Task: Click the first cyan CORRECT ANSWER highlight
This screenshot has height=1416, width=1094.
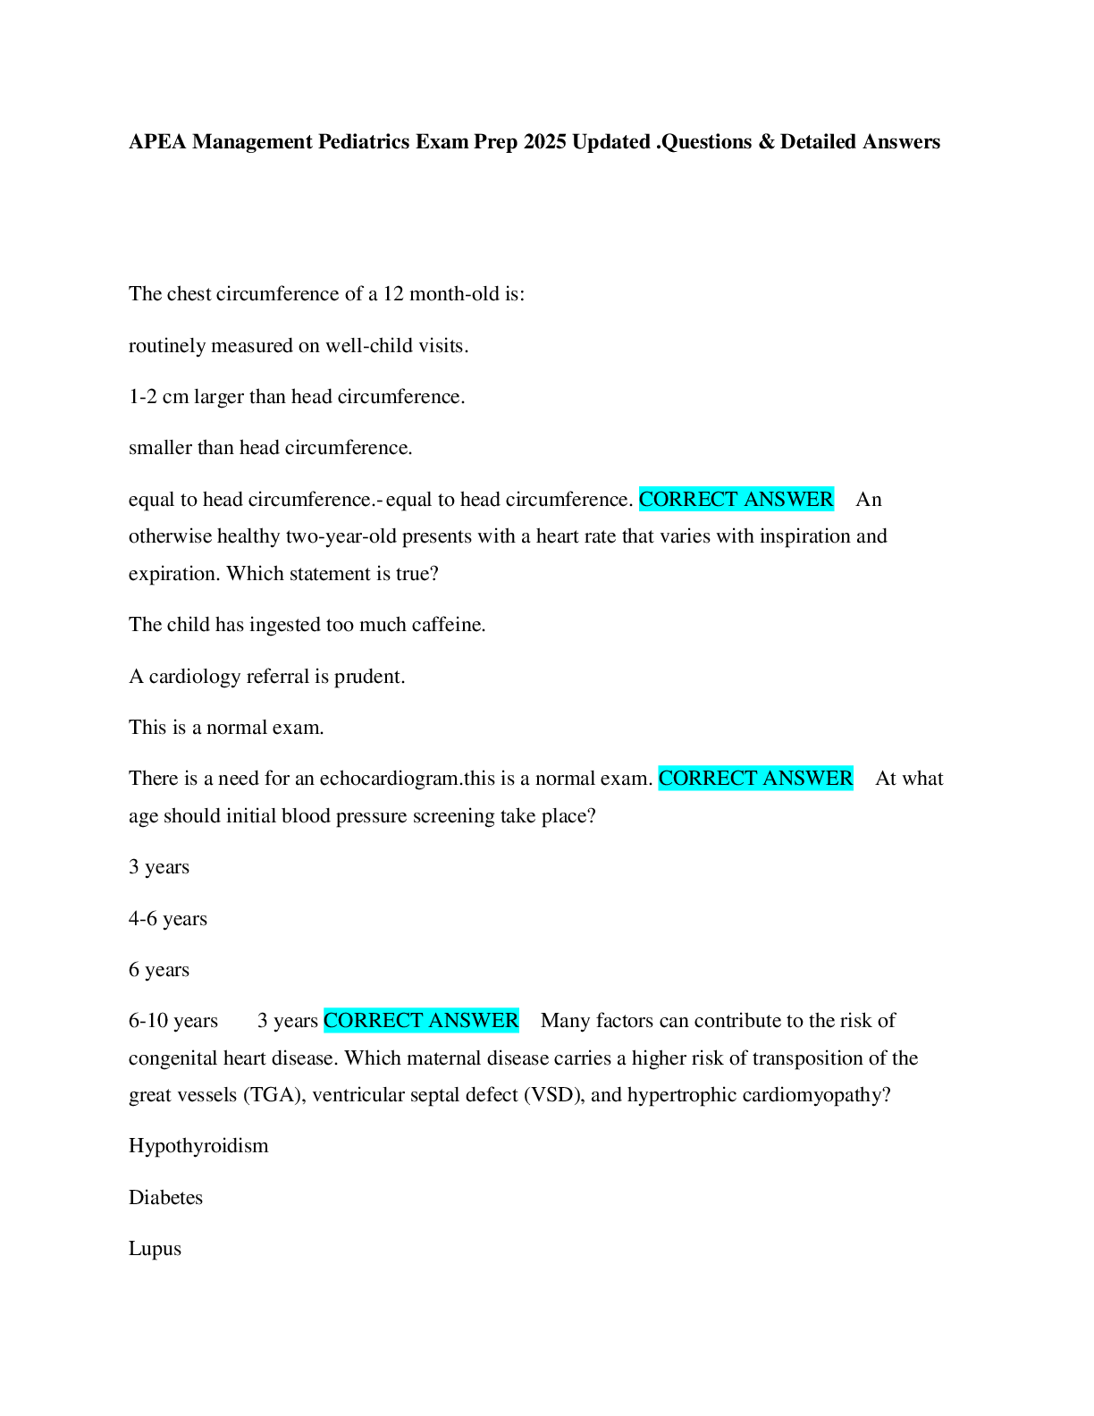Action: (x=736, y=499)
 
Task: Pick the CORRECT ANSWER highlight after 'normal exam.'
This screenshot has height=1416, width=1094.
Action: (x=756, y=779)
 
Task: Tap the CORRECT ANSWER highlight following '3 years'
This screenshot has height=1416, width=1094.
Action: (x=421, y=1021)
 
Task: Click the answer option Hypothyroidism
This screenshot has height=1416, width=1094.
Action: (x=198, y=1146)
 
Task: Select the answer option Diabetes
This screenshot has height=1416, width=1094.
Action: (x=165, y=1198)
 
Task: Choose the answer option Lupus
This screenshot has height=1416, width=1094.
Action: (x=155, y=1249)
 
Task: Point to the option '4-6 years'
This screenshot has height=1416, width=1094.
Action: (x=168, y=919)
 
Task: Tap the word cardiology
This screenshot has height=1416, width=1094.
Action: (x=194, y=677)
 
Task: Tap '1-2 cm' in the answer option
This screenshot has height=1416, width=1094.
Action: (x=158, y=397)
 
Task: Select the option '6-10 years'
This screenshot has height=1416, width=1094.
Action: (x=173, y=1021)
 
